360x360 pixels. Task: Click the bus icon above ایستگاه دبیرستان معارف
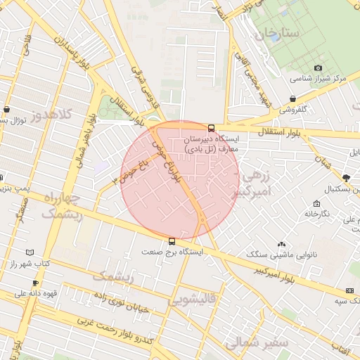(x=212, y=127)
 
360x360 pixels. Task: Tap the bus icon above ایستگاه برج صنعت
(x=172, y=241)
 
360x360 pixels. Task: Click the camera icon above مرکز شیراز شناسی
(x=318, y=67)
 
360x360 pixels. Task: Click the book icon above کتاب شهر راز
(x=29, y=252)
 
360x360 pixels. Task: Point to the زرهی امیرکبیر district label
(x=264, y=187)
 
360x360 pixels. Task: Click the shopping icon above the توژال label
(x=7, y=110)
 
